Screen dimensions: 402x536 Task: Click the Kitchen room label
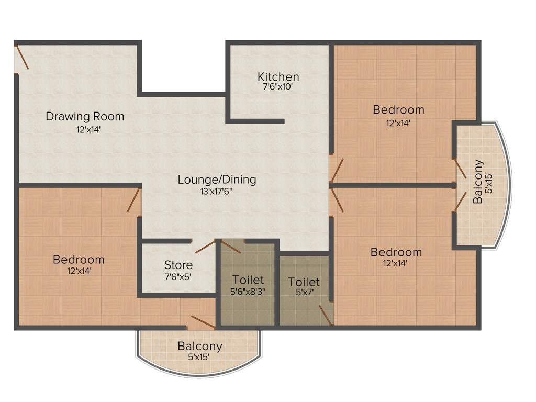(278, 77)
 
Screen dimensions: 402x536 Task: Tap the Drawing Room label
(85, 116)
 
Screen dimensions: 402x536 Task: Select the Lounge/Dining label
(217, 180)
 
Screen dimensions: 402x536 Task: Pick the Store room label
(178, 265)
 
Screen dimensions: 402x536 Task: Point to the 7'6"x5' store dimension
(178, 276)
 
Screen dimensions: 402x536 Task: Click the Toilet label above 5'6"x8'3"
(248, 280)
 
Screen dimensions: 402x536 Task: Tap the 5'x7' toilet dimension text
(304, 294)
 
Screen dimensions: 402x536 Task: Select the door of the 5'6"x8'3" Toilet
(231, 247)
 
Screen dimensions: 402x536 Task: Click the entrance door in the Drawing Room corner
(22, 57)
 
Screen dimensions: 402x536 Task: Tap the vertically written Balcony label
(477, 181)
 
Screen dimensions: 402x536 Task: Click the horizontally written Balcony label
(199, 346)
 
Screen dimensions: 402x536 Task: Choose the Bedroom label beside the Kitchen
(398, 110)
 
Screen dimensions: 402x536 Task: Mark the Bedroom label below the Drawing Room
(79, 260)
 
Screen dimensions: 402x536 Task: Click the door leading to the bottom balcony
(203, 322)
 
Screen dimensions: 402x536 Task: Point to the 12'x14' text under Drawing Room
(84, 129)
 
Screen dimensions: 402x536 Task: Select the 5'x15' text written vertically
(489, 183)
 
